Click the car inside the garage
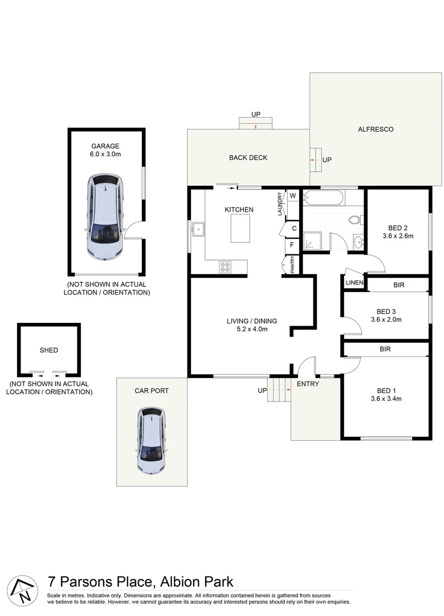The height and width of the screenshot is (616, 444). (104, 217)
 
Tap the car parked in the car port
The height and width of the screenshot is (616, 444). (152, 440)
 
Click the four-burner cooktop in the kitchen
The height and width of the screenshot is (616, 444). (225, 266)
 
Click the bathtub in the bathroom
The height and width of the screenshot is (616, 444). (324, 199)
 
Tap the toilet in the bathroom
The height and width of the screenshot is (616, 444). (355, 220)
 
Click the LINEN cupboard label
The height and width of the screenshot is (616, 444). (354, 283)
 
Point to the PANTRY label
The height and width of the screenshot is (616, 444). (292, 265)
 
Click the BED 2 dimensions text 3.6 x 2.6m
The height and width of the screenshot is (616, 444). (397, 236)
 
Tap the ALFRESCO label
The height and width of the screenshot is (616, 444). (376, 129)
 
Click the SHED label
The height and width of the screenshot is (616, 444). (48, 350)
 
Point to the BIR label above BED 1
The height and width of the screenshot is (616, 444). (385, 349)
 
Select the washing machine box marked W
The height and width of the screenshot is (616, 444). (293, 196)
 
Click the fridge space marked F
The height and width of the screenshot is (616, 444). (292, 246)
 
